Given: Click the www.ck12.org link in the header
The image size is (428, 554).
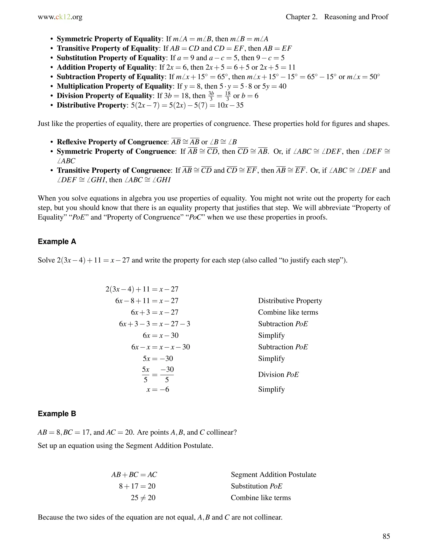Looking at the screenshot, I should (60, 17).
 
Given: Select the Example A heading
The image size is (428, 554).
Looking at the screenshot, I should (57, 241).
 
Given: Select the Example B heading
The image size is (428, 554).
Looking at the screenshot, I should (57, 414).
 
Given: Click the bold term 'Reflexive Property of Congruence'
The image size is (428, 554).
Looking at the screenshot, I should (112, 142).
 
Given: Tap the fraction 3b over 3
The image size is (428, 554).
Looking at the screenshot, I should (211, 96).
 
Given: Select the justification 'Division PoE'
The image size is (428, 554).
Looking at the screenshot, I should (278, 375).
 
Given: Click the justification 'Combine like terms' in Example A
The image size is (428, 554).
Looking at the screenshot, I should (288, 312).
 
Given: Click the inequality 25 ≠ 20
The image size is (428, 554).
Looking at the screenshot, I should (143, 498).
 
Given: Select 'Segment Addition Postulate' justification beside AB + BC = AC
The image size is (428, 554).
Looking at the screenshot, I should (273, 475).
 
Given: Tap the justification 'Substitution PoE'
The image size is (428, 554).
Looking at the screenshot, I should (256, 486).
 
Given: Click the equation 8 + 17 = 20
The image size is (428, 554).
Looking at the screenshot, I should (137, 486).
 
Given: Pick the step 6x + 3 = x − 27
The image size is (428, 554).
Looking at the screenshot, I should (154, 312).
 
